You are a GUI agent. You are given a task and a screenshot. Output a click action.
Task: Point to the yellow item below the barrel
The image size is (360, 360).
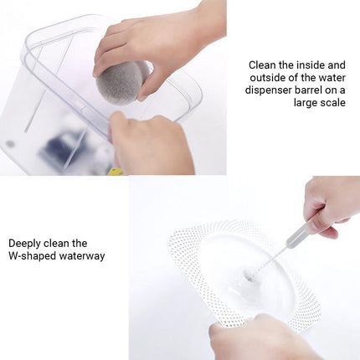[116, 170]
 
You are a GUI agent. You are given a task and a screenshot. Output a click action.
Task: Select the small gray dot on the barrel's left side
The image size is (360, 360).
[11, 143]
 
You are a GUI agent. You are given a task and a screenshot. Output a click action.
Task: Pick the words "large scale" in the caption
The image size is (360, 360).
[320, 104]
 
